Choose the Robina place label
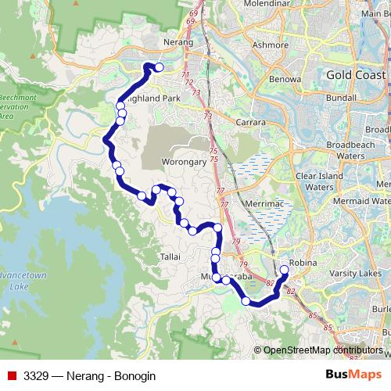[x=301, y=263]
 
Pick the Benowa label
[x=285, y=79]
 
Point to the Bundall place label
[x=341, y=100]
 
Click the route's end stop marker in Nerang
[x=159, y=67]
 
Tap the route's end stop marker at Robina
[x=284, y=271]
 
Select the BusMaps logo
[x=353, y=375]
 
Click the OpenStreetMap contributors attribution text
[x=323, y=350]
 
